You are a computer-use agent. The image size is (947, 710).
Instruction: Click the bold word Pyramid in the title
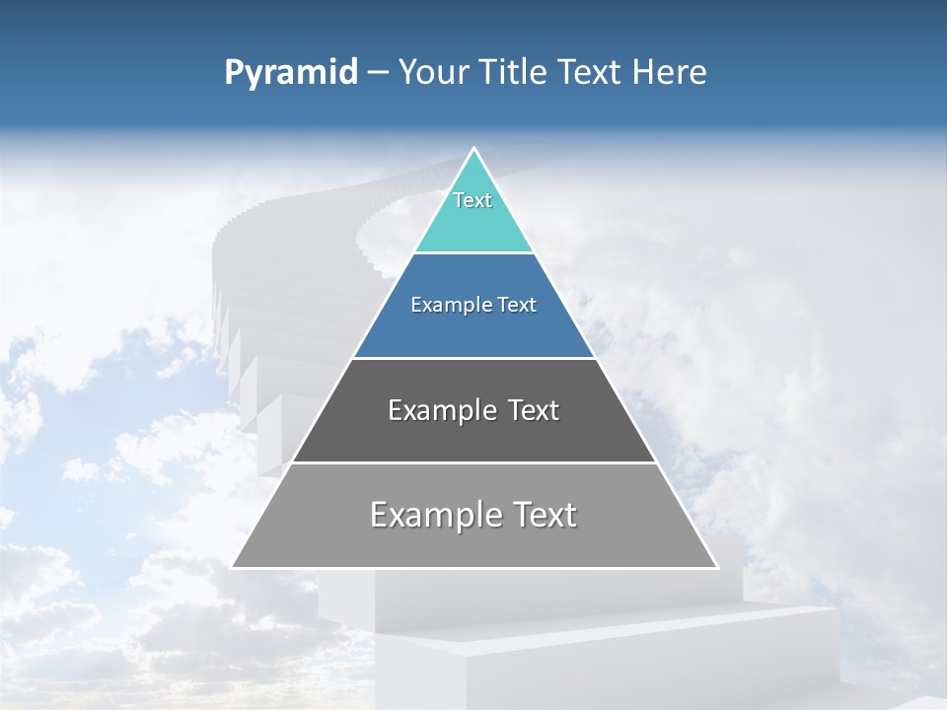pyautogui.click(x=290, y=73)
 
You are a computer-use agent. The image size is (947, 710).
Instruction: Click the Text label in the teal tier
pyautogui.click(x=473, y=200)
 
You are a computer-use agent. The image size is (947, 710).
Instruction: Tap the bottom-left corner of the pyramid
pyautogui.click(x=232, y=567)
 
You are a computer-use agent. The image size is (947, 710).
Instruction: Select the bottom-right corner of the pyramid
pyautogui.click(x=717, y=567)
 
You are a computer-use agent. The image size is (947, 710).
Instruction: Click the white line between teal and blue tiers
pyautogui.click(x=473, y=253)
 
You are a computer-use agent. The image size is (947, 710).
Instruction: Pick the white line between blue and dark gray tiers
pyautogui.click(x=473, y=358)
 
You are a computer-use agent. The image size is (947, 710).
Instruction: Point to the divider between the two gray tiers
pyautogui.click(x=473, y=462)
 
